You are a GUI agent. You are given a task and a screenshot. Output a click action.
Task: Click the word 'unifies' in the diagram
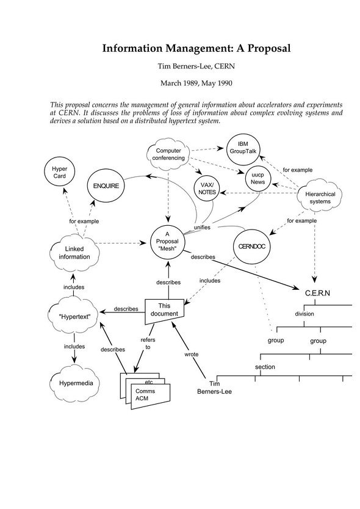pyautogui.click(x=202, y=227)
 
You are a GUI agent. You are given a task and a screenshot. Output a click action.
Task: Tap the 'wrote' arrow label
pyautogui.click(x=192, y=354)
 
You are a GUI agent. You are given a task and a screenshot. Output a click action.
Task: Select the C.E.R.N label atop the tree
pyautogui.click(x=317, y=293)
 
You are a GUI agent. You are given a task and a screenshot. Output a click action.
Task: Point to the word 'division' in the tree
pyautogui.click(x=304, y=314)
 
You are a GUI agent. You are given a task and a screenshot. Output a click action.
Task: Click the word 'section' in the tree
pyautogui.click(x=265, y=367)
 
